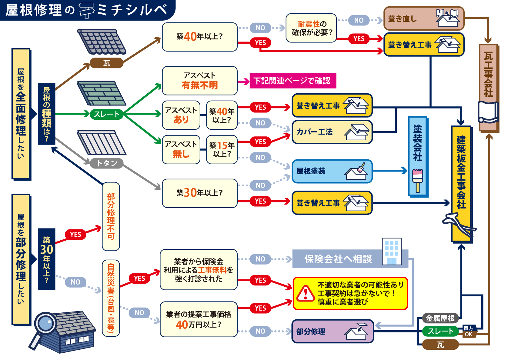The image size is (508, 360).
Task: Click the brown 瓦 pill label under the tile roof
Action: tap(107, 63)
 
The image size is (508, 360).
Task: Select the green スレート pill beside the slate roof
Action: tap(106, 114)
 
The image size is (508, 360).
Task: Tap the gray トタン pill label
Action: tap(107, 163)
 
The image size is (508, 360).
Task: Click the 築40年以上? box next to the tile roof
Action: tap(199, 37)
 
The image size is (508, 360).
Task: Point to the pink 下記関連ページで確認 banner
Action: tap(292, 81)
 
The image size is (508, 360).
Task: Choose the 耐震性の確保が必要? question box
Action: tap(311, 28)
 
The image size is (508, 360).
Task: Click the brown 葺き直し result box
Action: tap(424, 19)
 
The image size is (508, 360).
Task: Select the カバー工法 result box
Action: tap(332, 132)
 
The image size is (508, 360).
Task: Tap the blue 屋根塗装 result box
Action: tap(332, 172)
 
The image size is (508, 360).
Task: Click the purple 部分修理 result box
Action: tap(333, 332)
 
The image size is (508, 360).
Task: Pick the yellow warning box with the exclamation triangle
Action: tap(350, 293)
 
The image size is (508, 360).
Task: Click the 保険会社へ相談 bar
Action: tap(338, 259)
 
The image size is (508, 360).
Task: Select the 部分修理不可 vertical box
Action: tap(111, 216)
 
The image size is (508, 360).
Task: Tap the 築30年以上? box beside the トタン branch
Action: tap(199, 193)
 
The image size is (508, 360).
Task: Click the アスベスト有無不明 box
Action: tap(199, 81)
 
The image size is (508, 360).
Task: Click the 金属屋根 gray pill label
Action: tap(440, 318)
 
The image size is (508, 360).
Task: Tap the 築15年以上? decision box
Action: tap(222, 150)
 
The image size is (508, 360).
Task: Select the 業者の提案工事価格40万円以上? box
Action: tap(199, 319)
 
